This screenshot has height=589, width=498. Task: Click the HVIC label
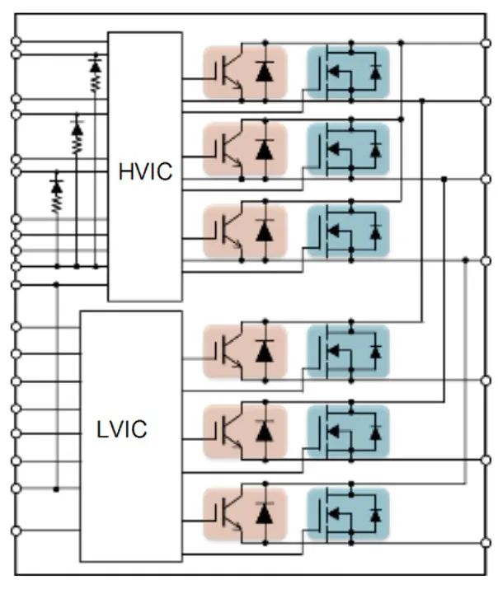(x=145, y=171)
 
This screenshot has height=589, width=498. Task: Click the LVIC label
(x=121, y=429)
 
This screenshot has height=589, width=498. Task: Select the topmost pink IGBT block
(x=245, y=72)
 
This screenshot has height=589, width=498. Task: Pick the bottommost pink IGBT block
(x=245, y=514)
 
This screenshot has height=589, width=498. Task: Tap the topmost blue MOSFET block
(x=348, y=72)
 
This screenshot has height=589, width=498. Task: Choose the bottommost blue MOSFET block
(x=348, y=514)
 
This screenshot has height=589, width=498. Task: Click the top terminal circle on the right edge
(x=486, y=43)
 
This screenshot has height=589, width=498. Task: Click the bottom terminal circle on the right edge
(x=486, y=542)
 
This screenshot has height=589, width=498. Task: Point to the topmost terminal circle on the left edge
(x=16, y=41)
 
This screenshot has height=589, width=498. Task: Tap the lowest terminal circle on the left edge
(x=16, y=531)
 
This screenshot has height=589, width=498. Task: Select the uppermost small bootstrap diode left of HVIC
(x=96, y=66)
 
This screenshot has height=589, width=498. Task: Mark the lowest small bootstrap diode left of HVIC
(x=57, y=187)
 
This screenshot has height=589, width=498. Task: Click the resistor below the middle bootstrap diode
(x=77, y=145)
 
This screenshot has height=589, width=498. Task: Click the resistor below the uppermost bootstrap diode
(x=96, y=82)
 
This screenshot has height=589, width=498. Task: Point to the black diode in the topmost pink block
(x=265, y=72)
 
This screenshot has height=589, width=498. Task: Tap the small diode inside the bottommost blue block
(x=375, y=515)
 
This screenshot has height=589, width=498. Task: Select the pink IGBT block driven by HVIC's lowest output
(x=245, y=231)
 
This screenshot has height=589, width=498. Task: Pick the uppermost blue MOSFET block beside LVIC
(x=348, y=351)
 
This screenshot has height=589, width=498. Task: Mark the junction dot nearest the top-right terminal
(x=401, y=43)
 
